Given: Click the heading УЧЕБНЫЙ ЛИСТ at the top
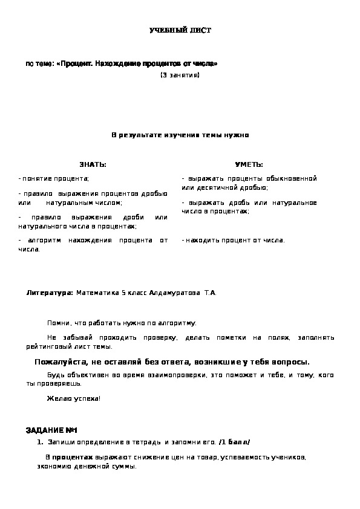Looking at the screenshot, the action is pyautogui.click(x=180, y=30).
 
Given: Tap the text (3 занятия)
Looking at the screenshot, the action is pyautogui.click(x=180, y=75).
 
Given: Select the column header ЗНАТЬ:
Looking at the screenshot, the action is pyautogui.click(x=93, y=164).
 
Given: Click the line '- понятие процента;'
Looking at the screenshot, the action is pyautogui.click(x=54, y=179).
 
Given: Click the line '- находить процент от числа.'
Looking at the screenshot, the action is pyautogui.click(x=233, y=240).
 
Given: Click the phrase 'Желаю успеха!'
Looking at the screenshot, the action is pyautogui.click(x=74, y=398).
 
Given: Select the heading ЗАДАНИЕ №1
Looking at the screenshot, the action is pyautogui.click(x=52, y=430).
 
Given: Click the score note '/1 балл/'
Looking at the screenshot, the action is pyautogui.click(x=235, y=442).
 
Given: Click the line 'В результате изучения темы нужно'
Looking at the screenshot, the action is pyautogui.click(x=180, y=135).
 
